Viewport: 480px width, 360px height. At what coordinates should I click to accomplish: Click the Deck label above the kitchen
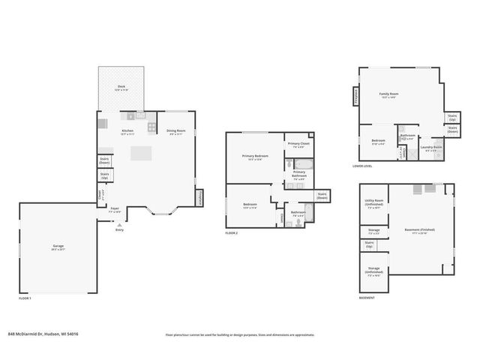[x=121, y=87]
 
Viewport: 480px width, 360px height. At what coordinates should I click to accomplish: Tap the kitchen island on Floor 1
[x=141, y=153]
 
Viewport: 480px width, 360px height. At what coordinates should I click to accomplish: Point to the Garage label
[x=58, y=247]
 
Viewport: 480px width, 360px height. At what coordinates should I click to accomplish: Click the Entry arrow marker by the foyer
[x=119, y=225]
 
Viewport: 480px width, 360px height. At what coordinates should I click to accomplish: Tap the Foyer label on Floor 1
[x=115, y=209]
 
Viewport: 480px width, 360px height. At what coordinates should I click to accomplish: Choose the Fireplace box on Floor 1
[x=201, y=199]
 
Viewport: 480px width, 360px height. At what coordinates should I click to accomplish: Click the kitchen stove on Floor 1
[x=152, y=115]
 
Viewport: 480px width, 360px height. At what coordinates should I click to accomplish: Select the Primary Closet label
[x=298, y=144]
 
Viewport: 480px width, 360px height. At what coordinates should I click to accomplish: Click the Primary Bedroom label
[x=253, y=157]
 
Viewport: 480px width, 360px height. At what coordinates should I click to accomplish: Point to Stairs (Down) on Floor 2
[x=322, y=196]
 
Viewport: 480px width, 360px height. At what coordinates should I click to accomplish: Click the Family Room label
[x=388, y=94]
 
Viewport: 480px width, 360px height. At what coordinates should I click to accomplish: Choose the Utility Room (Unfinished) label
[x=373, y=202]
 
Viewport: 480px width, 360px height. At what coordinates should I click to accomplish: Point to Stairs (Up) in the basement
[x=369, y=244]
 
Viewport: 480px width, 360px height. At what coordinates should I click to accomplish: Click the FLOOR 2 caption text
[x=232, y=234]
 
